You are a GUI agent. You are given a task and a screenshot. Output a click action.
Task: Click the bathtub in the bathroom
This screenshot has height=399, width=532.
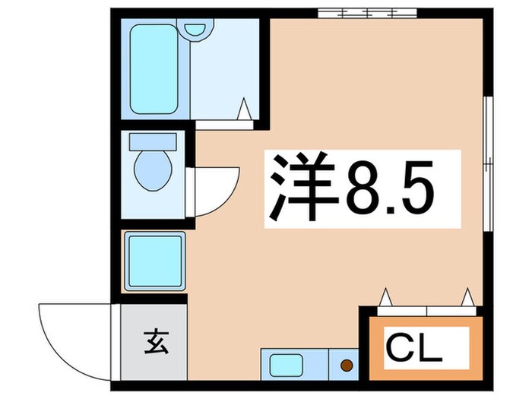pos(154,69)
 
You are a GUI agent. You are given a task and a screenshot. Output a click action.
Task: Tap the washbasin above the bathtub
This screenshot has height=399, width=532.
pos(197,29)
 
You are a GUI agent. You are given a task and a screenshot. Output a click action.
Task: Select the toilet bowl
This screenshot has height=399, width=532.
pos(153,173)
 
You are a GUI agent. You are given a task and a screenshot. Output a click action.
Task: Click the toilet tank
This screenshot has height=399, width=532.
pos(153,141)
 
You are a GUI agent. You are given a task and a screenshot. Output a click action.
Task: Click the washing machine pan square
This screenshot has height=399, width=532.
pos(154,261)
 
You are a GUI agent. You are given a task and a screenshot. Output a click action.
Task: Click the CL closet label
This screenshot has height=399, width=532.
pos(414,349)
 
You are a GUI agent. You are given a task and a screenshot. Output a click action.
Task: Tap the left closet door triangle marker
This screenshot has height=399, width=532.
pos(386,297)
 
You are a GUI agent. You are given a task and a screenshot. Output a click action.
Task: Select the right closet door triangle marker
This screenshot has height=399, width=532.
pos(467,297)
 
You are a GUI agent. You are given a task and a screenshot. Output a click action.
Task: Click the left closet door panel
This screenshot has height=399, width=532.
pos(402,310)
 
